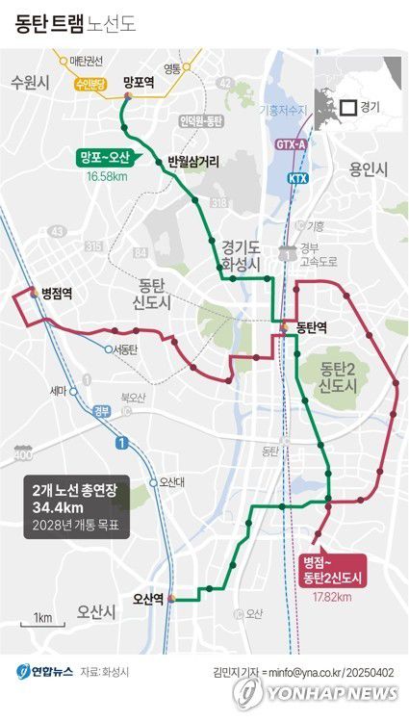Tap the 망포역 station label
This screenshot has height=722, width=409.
[139, 83]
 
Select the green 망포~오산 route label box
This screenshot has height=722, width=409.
[105, 158]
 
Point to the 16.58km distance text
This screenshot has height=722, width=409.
[105, 177]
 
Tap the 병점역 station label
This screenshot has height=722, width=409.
[58, 293]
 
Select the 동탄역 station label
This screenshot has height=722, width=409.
[313, 327]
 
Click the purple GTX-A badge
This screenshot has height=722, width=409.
[291, 145]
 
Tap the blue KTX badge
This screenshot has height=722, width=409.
[297, 179]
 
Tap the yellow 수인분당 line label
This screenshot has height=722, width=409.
[93, 84]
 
